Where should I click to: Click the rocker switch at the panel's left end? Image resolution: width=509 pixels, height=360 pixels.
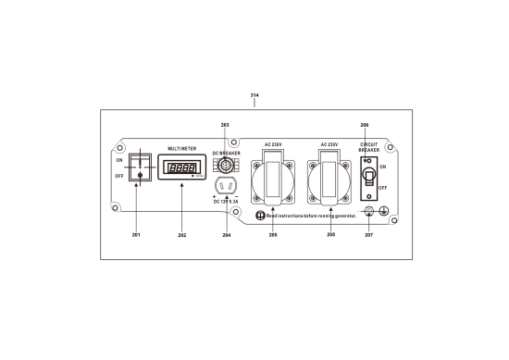pyautogui.click(x=137, y=168)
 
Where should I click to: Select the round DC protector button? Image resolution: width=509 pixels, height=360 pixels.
pyautogui.click(x=222, y=165)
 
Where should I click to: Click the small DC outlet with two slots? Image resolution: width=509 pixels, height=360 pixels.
pyautogui.click(x=222, y=185)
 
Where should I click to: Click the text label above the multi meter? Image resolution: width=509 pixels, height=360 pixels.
pyautogui.click(x=181, y=147)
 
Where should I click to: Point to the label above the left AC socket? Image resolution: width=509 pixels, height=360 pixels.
pyautogui.click(x=273, y=146)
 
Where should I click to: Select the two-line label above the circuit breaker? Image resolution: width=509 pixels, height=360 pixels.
pyautogui.click(x=369, y=148)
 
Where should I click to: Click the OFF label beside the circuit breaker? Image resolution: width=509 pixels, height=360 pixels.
pyautogui.click(x=381, y=186)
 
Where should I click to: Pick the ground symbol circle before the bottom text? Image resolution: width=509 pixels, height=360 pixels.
pyautogui.click(x=261, y=216)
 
